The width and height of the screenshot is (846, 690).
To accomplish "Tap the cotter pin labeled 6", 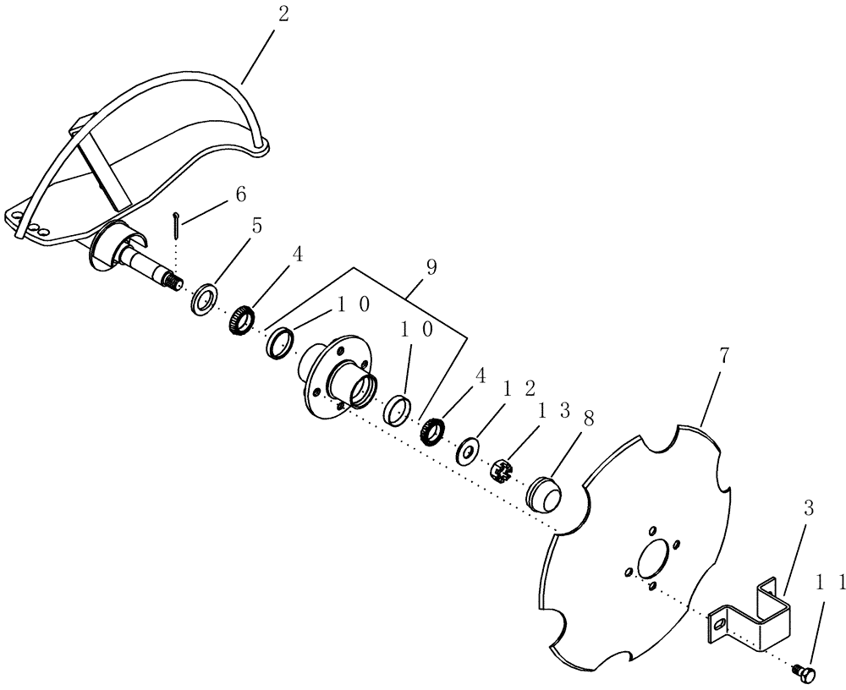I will (176, 220).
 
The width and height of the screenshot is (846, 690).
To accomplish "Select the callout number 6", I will (241, 194).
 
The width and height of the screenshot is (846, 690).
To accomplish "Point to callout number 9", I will (431, 268).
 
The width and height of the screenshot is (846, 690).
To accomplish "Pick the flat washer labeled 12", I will (466, 450).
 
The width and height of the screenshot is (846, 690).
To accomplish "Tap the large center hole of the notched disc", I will (653, 560).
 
